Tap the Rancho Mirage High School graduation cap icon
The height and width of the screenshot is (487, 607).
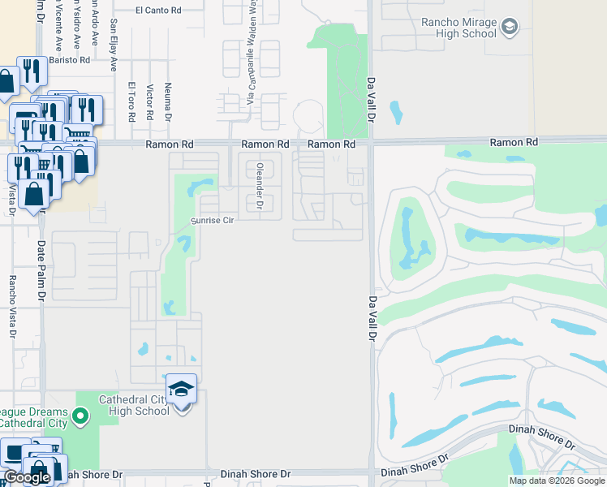pos(509,28)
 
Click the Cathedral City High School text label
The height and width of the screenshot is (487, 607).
pos(134,405)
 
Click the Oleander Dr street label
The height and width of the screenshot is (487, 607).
pos(260,187)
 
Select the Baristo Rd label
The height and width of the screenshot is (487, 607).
pos(69,60)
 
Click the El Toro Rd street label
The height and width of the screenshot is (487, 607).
pos(131,101)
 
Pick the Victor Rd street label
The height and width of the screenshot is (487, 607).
pos(149,101)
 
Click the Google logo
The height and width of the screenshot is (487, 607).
pos(27,478)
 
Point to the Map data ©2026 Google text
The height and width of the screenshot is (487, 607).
pos(557,481)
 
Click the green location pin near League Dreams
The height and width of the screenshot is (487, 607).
pos(80,418)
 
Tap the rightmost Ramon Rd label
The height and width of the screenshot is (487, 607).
pos(514,142)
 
